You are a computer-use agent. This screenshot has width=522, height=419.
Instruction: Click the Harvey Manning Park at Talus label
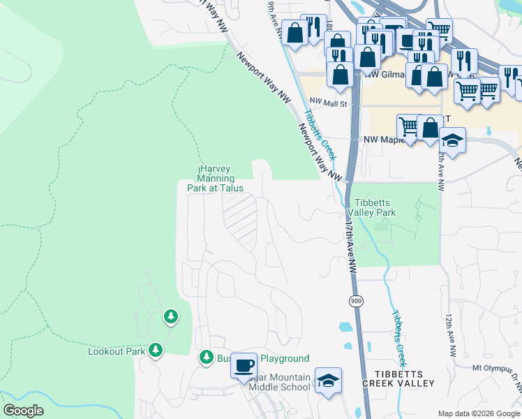pos(215,178)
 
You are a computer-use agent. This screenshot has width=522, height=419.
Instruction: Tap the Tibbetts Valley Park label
pos(371,207)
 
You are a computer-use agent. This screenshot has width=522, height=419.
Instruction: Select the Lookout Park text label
pos(116,351)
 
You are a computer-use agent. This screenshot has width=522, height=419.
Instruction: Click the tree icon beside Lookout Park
pos(156,350)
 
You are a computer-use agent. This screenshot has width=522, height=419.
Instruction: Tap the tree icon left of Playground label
pos(206,358)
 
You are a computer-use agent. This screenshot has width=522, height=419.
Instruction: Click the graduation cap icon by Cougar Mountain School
pos(328,380)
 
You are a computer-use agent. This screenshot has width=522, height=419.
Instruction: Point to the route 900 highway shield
pos(355,300)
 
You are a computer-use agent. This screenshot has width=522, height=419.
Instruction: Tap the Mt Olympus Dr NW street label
pos(496,370)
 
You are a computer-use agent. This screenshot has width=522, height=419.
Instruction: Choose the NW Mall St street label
pos(327,101)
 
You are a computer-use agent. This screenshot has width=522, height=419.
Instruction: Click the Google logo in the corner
pos(24,411)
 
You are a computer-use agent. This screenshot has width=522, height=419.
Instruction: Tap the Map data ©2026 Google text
pos(479,413)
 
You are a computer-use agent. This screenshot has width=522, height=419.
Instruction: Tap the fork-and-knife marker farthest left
pos(314,28)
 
